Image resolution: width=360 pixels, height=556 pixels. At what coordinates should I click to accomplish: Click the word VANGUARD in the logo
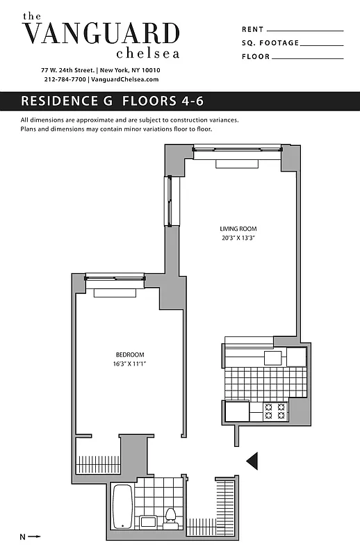(101, 33)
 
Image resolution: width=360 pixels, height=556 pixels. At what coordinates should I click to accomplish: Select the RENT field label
(253, 30)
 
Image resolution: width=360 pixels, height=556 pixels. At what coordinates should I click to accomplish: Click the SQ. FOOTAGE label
(270, 43)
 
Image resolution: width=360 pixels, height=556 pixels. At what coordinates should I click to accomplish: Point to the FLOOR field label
(255, 56)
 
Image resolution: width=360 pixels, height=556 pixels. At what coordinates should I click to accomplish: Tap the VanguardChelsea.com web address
(125, 80)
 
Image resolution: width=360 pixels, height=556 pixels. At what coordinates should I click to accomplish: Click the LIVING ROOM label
(238, 229)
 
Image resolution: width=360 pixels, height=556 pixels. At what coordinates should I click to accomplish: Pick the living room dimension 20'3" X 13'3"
(238, 238)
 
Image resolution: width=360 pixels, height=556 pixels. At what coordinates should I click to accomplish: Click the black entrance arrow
(253, 459)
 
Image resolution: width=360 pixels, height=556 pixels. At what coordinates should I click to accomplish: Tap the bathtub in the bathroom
(122, 506)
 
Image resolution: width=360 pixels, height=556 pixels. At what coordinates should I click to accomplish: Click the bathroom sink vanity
(148, 521)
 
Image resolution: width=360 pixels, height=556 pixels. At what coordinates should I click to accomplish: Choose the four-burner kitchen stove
(276, 411)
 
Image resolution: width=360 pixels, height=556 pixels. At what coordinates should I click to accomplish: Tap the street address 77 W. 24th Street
(67, 70)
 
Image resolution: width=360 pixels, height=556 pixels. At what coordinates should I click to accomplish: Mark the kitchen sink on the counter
(272, 358)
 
